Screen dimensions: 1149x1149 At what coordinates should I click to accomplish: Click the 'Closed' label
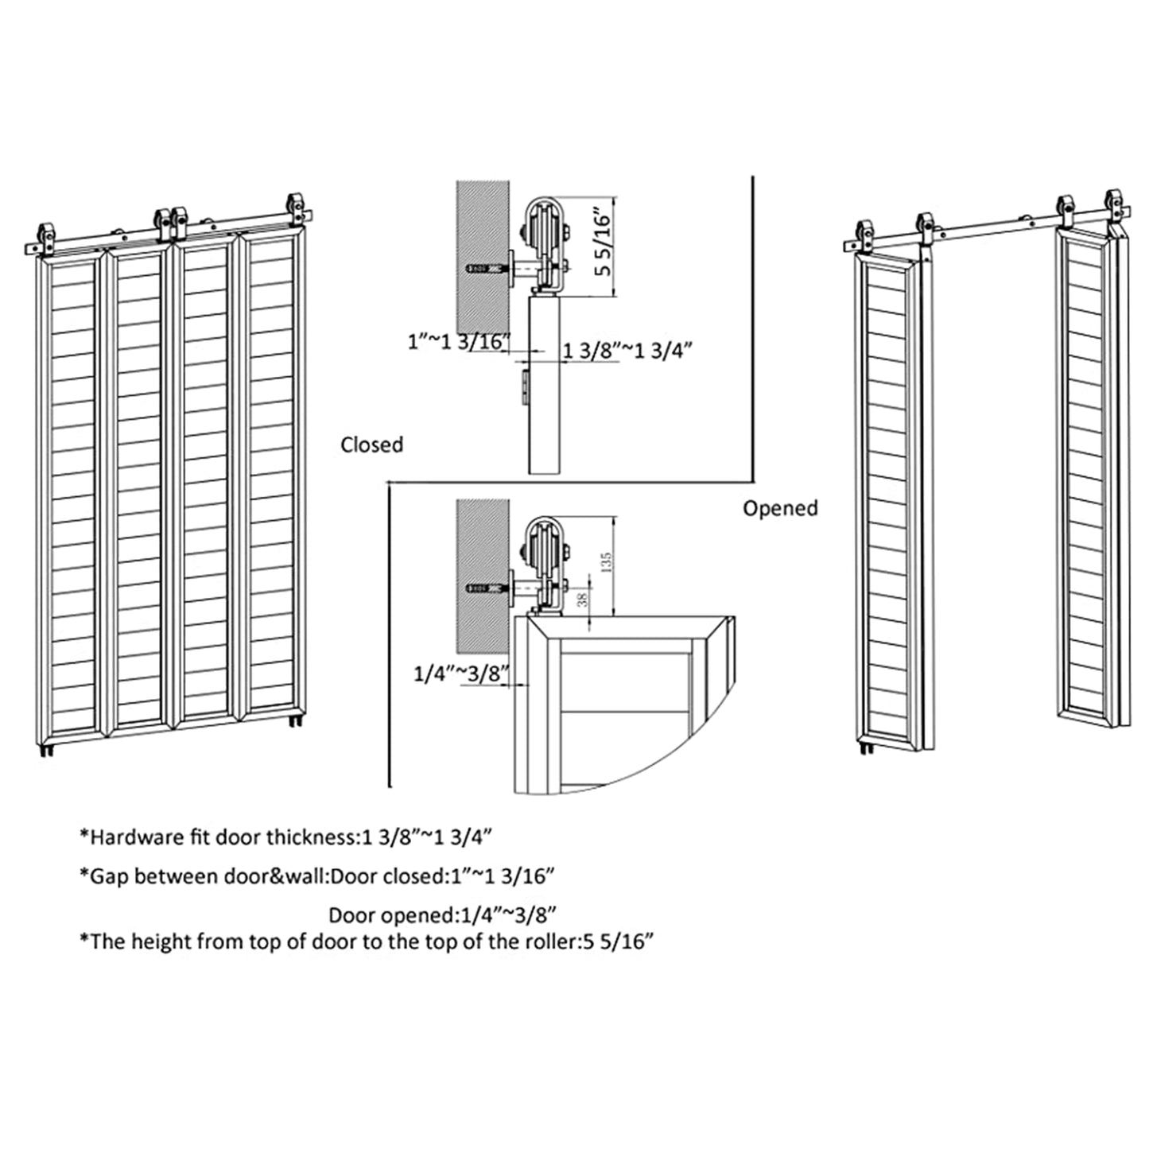[x=371, y=444]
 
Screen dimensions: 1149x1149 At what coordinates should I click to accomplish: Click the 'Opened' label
[x=780, y=508]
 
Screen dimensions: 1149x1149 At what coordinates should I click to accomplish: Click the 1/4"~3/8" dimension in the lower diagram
[x=461, y=674]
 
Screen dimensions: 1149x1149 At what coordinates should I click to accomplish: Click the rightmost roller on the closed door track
[x=296, y=205]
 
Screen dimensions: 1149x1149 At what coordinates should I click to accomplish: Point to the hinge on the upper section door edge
[x=524, y=384]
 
